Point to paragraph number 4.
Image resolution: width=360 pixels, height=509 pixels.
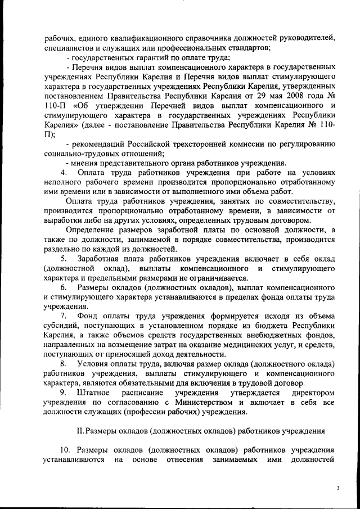click(x=64, y=172)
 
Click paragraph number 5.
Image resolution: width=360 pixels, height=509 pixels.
click(x=64, y=259)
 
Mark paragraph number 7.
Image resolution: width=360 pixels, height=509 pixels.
click(x=64, y=316)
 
